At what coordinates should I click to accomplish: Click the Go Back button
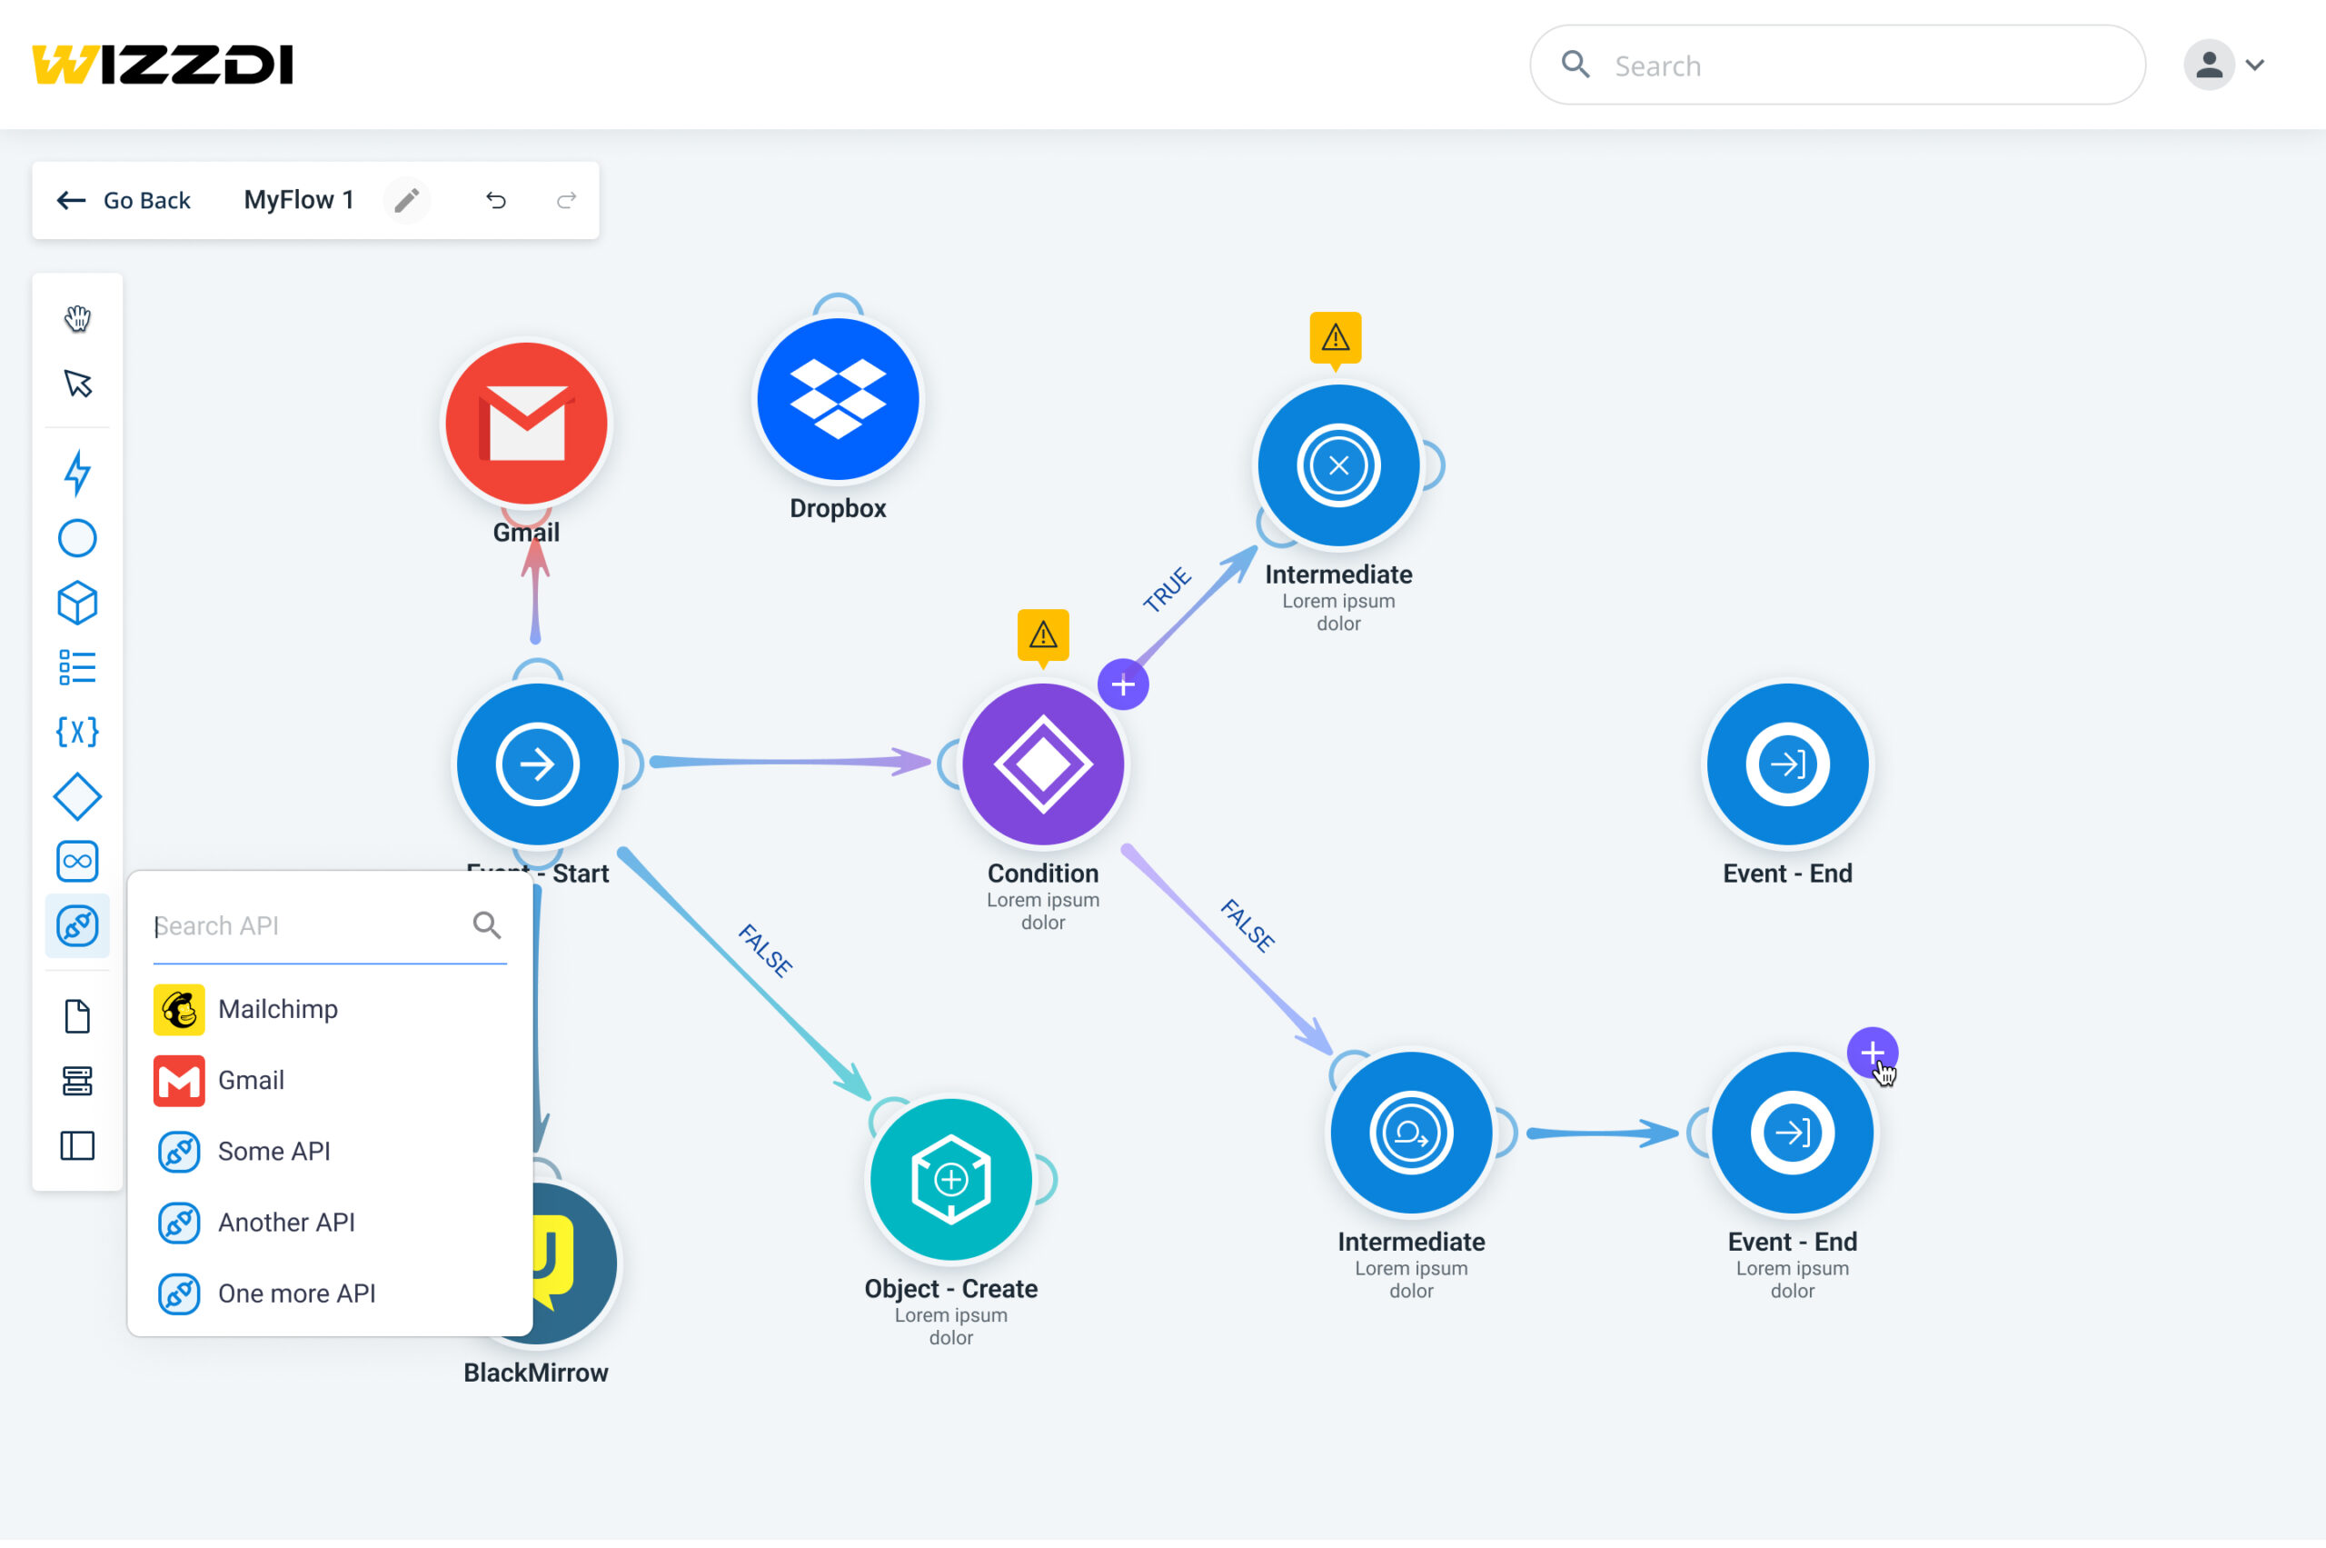(124, 200)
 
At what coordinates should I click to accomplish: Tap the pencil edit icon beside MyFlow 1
(406, 200)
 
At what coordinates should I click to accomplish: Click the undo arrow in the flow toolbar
(495, 200)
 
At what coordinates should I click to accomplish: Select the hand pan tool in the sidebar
(77, 318)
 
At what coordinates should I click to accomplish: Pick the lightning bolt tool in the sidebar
(77, 472)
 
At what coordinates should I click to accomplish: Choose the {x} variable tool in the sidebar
(77, 732)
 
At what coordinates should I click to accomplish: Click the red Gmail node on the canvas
(526, 424)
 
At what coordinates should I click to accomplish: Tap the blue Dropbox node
(838, 399)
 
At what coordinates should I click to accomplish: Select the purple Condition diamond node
(1043, 764)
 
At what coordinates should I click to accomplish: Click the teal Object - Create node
(951, 1180)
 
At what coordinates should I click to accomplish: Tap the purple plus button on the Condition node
(1123, 684)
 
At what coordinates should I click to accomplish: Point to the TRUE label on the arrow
(1168, 589)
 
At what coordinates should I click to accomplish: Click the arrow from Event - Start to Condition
(790, 761)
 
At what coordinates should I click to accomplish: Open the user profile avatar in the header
(2209, 65)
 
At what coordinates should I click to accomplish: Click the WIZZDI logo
(163, 65)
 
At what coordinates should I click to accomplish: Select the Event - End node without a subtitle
(1787, 764)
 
